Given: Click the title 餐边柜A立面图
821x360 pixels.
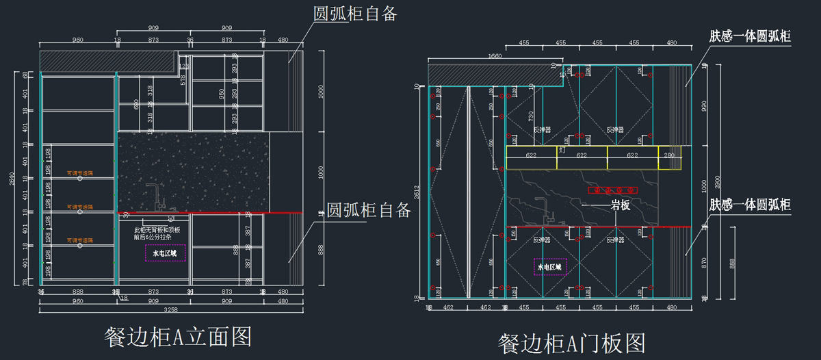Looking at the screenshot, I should (178, 336).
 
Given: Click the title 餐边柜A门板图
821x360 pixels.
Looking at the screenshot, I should (572, 342).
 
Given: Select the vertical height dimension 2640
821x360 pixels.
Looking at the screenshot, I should (12, 180).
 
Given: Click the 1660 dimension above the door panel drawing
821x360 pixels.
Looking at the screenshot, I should (495, 56).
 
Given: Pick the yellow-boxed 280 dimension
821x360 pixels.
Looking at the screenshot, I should (668, 156).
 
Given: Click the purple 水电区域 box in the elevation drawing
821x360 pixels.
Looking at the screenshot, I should (165, 253).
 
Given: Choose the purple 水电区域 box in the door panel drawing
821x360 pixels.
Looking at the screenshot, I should (550, 266).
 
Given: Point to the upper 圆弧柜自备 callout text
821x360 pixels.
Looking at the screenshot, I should (355, 13).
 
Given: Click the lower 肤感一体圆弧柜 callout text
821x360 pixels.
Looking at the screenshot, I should (750, 205).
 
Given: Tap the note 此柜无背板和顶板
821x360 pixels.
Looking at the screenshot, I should (157, 230).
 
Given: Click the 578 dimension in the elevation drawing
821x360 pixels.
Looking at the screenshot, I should (183, 79).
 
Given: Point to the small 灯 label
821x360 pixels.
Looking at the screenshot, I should (561, 149).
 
